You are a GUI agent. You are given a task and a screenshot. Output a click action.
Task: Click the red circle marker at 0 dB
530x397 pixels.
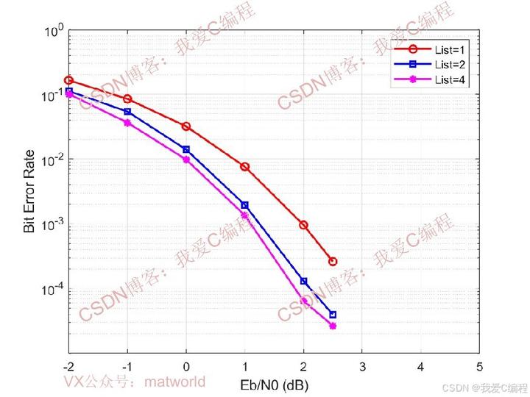click(x=186, y=126)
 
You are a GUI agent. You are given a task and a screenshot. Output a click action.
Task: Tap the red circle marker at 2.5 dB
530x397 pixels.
click(x=333, y=261)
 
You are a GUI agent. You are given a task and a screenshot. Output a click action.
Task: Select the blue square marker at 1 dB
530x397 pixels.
click(x=245, y=205)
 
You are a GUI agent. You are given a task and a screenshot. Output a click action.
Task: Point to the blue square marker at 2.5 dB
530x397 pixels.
click(x=333, y=315)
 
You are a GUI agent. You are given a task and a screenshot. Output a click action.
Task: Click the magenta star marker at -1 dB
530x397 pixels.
click(x=127, y=123)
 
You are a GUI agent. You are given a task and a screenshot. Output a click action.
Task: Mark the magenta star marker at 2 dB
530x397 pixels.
click(x=303, y=301)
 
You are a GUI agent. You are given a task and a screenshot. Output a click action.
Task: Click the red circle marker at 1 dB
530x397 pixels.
click(x=245, y=167)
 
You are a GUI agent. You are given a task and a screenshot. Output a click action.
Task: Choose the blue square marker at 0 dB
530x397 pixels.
click(x=186, y=149)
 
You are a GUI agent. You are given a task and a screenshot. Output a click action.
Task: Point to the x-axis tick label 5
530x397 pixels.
click(x=479, y=366)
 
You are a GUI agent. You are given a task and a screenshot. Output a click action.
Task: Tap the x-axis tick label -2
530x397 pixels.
click(x=68, y=366)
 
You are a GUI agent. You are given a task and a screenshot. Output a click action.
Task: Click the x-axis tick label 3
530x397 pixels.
click(x=362, y=366)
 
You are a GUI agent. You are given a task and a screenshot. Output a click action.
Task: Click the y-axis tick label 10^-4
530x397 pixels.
click(x=54, y=290)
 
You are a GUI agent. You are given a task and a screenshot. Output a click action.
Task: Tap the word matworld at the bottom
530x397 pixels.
click(x=175, y=382)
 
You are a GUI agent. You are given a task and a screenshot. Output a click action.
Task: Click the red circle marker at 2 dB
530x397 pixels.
click(x=303, y=225)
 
